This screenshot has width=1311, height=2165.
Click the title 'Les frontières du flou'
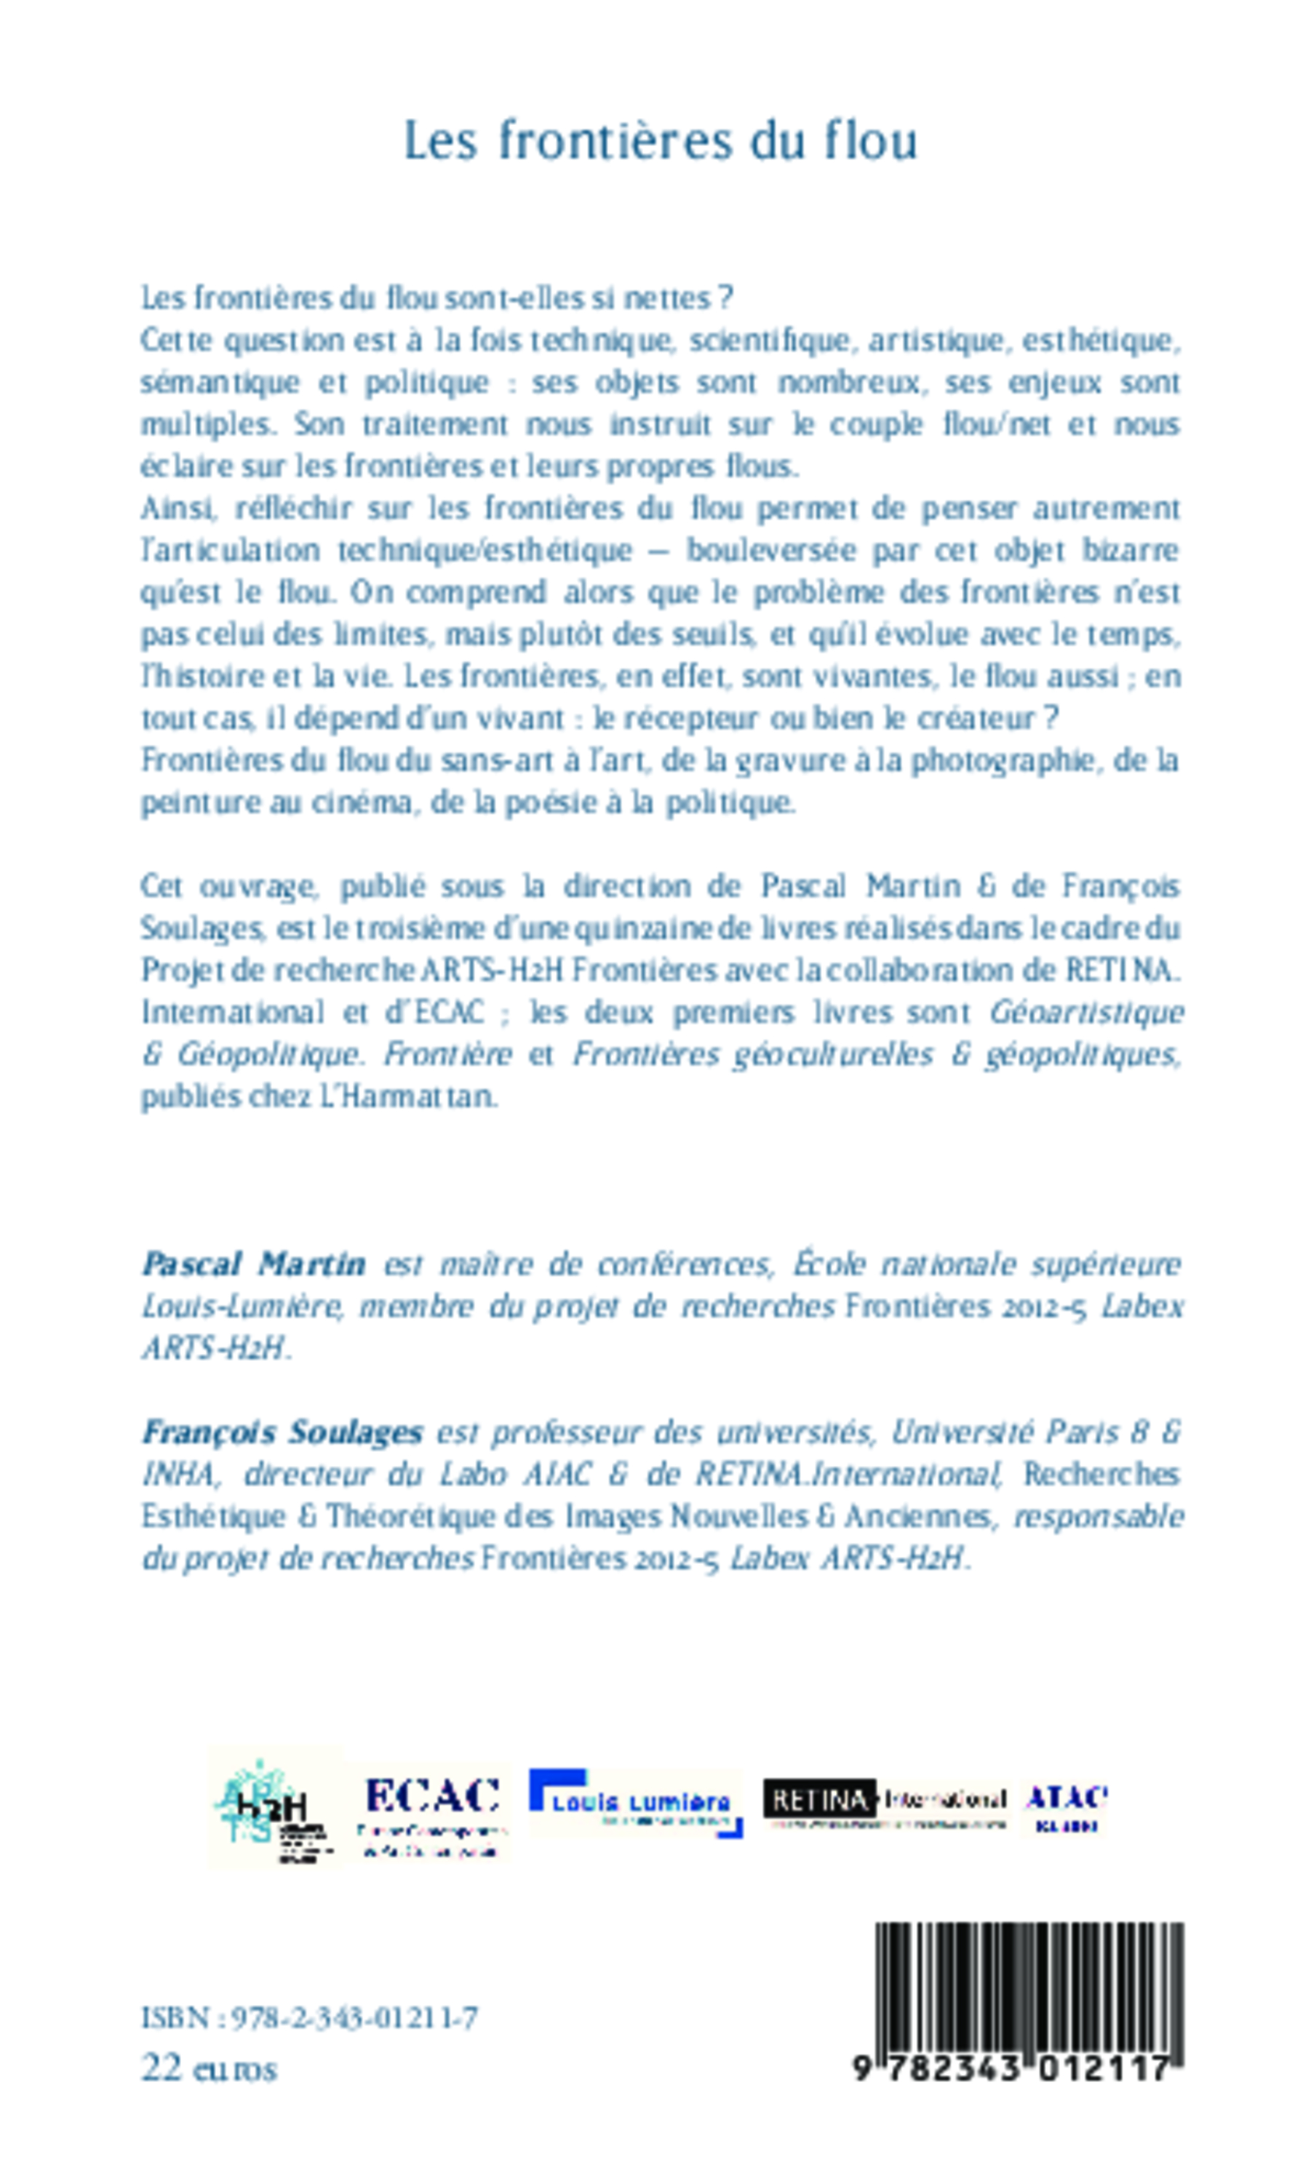coord(660,140)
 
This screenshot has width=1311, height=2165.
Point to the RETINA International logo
coord(884,1801)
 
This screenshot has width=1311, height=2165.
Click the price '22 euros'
coord(209,2068)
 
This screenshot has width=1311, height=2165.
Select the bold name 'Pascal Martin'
coord(254,1264)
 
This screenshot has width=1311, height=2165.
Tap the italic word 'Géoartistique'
coord(1087,1012)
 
